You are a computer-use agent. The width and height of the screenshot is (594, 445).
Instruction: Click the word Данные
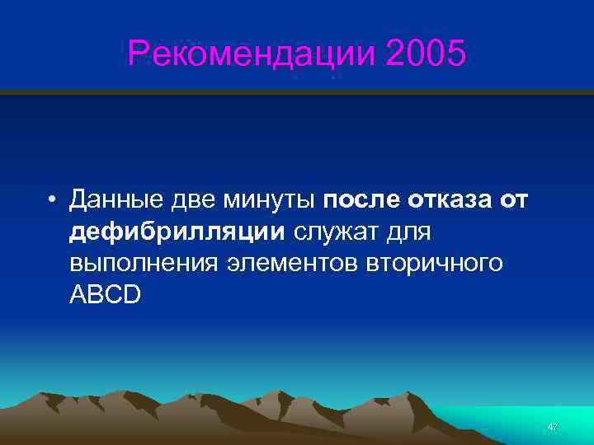coord(120,200)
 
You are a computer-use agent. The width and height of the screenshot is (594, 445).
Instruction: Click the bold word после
coord(360,200)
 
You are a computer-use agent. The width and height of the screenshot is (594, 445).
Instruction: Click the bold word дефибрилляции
coord(177,232)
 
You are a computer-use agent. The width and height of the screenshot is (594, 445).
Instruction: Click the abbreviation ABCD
coord(106,296)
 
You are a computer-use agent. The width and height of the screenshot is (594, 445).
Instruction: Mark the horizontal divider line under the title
coord(297,91)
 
